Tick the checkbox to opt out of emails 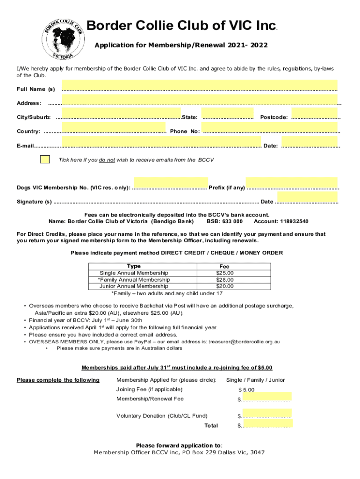click(x=45, y=159)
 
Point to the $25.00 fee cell click(x=224, y=273)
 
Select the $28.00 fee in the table click(x=224, y=280)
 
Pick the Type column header click(x=134, y=266)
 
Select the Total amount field click(x=266, y=424)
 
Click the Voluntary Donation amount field click(x=266, y=413)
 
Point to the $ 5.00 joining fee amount click(x=247, y=390)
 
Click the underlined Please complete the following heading click(x=58, y=380)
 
